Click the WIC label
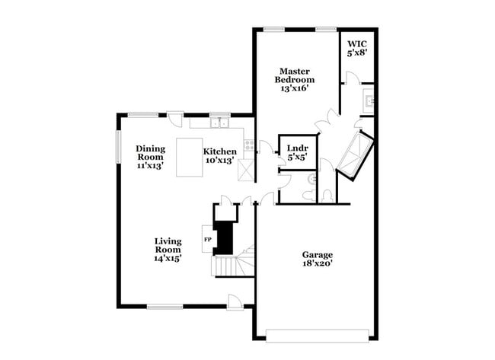click(356, 43)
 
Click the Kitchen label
click(219, 151)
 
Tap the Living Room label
click(168, 245)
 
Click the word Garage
click(318, 255)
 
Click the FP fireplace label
click(207, 240)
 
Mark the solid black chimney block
click(225, 237)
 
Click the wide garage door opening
click(317, 332)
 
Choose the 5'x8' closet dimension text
click(356, 53)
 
